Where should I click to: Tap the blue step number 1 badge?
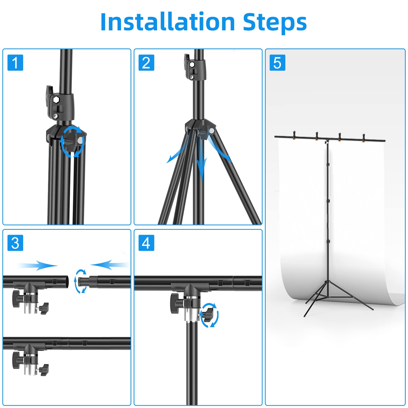(15, 62)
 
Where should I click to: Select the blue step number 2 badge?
(146, 62)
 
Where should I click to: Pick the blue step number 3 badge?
(15, 243)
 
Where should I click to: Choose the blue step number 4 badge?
(146, 243)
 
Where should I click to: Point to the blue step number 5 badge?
(277, 62)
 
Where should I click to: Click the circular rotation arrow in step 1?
(72, 142)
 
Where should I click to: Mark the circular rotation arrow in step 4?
(210, 315)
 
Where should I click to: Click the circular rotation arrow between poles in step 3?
(81, 281)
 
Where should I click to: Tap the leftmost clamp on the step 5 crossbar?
(294, 135)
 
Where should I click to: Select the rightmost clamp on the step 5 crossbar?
(364, 137)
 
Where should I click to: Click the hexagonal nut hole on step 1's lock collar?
(56, 100)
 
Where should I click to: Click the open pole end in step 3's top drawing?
(66, 282)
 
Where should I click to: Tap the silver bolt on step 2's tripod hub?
(211, 131)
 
